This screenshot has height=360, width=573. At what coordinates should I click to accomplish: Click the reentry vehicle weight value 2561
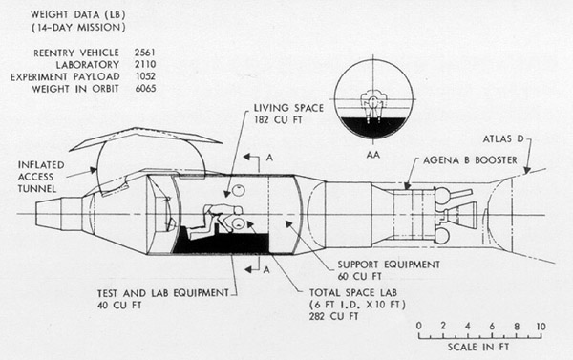point(145,53)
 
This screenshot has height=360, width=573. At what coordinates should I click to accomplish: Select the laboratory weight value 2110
point(145,64)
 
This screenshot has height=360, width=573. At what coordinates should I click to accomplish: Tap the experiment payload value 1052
point(145,76)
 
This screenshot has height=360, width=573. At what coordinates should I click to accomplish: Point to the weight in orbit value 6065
point(145,89)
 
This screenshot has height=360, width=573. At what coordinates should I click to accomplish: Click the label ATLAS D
point(503,138)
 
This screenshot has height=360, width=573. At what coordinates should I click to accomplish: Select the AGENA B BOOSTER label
point(470,160)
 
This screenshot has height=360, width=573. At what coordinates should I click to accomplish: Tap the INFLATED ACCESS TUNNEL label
point(41,177)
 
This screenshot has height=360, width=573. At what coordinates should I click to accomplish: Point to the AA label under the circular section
point(373,155)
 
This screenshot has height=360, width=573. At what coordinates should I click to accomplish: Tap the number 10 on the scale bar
point(541,326)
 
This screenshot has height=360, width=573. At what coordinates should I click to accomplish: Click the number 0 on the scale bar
point(419,326)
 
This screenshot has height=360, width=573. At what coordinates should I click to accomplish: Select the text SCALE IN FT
point(478,347)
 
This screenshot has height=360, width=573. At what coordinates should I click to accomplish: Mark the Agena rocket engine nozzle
point(462,214)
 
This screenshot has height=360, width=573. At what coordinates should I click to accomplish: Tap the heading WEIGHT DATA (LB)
point(78,14)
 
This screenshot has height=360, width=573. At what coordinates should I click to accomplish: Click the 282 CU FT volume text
point(333,316)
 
